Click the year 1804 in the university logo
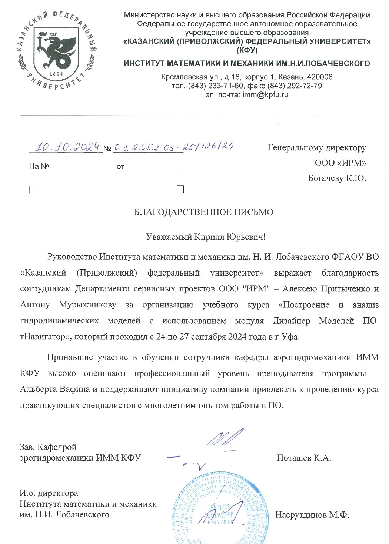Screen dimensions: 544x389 pyautogui.click(x=56, y=74)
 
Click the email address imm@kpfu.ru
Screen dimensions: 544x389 pyautogui.click(x=265, y=95)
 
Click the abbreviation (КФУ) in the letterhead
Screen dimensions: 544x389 pyautogui.click(x=247, y=50)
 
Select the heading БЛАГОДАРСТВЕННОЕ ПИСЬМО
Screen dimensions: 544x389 pyautogui.click(x=203, y=212)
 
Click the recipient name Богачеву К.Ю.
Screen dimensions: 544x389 pyautogui.click(x=337, y=178)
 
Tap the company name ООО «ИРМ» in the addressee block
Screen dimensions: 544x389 pyautogui.click(x=340, y=163)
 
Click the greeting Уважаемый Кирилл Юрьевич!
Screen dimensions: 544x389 pyautogui.click(x=206, y=236)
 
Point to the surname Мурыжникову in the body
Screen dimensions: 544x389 pyautogui.click(x=87, y=305)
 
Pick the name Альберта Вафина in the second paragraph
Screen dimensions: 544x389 pyautogui.click(x=55, y=389)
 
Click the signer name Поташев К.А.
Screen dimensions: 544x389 pyautogui.click(x=303, y=458)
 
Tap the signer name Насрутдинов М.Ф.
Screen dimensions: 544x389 pyautogui.click(x=312, y=515)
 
